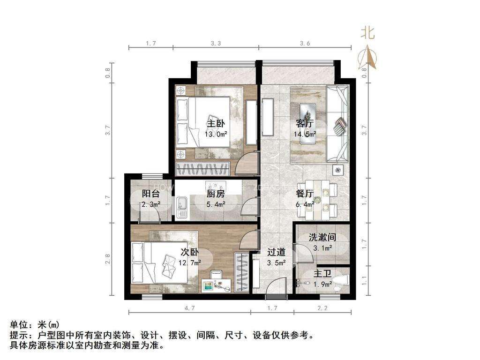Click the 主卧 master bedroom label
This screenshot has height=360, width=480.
click(x=216, y=123)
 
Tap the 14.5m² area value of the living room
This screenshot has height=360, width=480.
click(x=305, y=134)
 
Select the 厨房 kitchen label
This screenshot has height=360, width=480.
click(x=216, y=194)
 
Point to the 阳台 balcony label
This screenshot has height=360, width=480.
click(x=151, y=194)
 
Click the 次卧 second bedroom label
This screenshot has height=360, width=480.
click(x=190, y=252)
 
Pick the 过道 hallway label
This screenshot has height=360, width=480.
click(x=277, y=252)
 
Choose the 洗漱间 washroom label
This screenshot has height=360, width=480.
click(x=322, y=237)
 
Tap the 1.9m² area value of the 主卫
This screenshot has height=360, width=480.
click(x=322, y=285)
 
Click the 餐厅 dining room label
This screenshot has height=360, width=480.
click(x=305, y=194)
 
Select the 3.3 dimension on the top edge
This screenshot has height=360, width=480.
click(x=216, y=44)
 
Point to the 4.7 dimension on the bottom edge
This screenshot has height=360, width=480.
click(x=189, y=308)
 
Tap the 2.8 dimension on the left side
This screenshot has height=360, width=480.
click(x=108, y=259)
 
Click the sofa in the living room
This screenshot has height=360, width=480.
click(x=338, y=124)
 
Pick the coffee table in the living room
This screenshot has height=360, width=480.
click(x=307, y=124)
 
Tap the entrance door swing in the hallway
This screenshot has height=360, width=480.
click(x=276, y=288)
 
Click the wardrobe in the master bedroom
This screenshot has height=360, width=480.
click(x=202, y=169)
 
